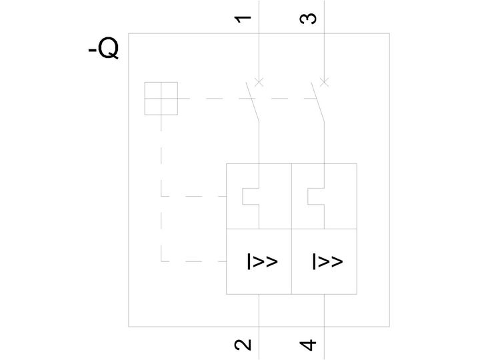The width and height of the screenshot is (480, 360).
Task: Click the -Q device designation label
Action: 103,48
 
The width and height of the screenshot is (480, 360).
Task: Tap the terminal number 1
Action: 243,19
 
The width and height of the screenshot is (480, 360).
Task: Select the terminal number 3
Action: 307,19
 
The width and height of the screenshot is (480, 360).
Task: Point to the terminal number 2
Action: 243,345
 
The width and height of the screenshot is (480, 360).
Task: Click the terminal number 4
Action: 307,345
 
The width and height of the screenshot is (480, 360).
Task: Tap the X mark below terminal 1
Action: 259,82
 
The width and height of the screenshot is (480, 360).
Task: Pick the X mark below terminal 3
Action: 324,82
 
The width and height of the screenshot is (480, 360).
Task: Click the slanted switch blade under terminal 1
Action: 253,102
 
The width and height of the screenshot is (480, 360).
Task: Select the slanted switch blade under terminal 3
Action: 318,102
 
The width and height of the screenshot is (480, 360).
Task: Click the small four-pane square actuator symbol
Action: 161,98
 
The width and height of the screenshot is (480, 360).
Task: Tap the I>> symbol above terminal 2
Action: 263,261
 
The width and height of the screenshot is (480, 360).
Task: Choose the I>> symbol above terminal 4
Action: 327,261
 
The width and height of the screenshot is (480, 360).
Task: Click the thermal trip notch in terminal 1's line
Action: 243,196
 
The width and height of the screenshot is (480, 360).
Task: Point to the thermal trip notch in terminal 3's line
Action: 308,196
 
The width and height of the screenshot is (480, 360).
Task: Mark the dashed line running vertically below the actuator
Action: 161,188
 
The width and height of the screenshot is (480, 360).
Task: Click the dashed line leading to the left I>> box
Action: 193,261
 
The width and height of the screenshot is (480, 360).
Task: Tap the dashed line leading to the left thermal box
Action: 193,196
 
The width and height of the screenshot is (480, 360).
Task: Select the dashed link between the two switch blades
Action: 286,99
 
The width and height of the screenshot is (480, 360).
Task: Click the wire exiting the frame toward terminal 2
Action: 259,311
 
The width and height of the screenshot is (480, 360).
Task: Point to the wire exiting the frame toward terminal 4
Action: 324,311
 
